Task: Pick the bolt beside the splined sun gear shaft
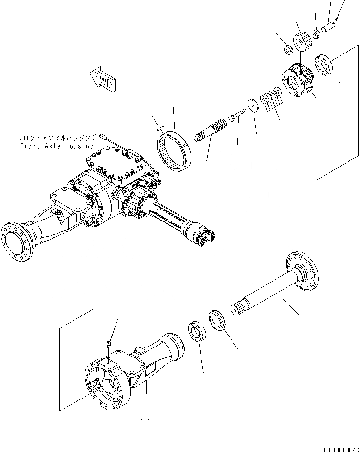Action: click(236, 115)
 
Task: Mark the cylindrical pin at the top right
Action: click(328, 26)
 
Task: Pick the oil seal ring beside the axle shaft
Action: click(218, 320)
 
